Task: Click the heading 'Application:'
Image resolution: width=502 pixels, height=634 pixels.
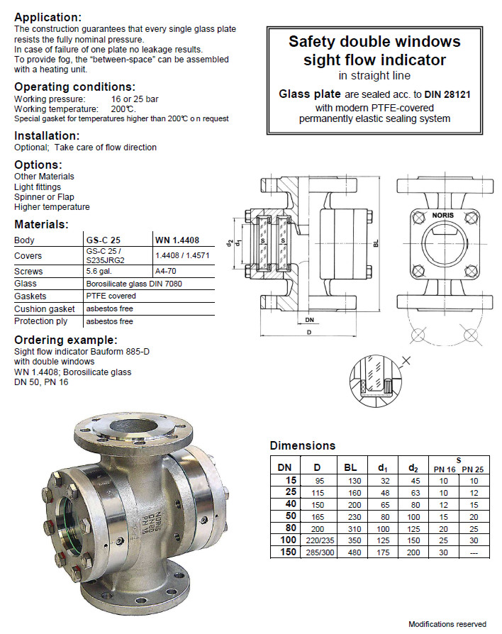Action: (x=48, y=17)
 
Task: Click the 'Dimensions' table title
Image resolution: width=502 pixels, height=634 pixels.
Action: (x=302, y=446)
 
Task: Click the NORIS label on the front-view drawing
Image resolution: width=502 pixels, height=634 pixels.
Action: (x=442, y=215)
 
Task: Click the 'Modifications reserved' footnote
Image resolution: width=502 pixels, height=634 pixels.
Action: (x=447, y=624)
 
